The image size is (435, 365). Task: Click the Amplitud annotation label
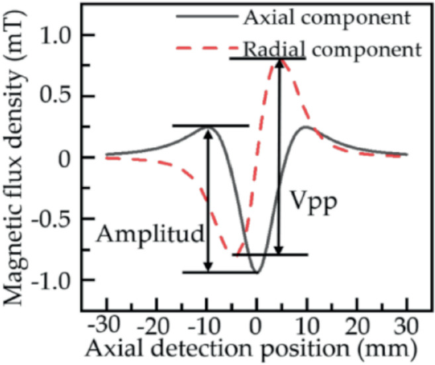(148, 233)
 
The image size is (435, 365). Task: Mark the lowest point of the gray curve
(257, 272)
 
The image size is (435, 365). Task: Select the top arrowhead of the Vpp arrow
(280, 64)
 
